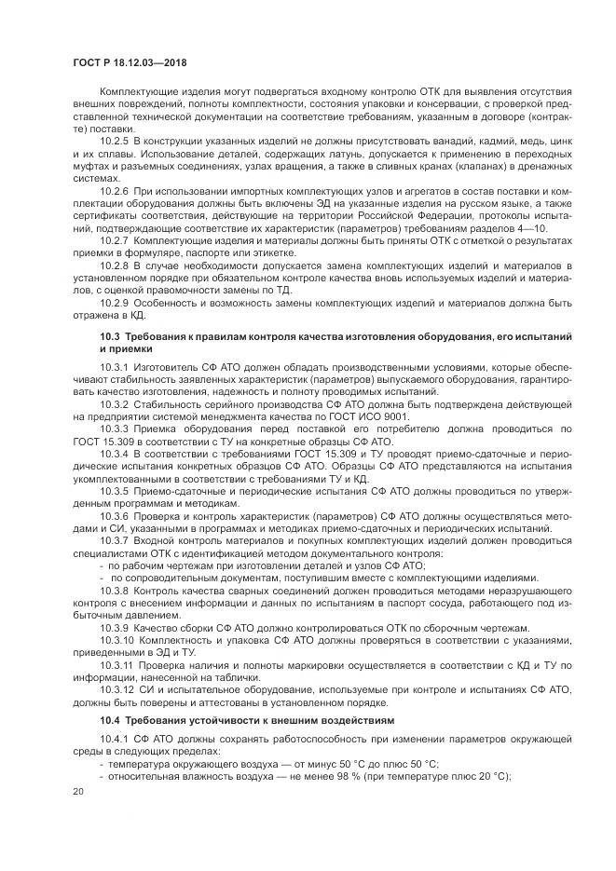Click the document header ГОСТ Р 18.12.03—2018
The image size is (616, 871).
128,61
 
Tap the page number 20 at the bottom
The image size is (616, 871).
77,791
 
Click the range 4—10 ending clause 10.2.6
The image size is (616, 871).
534,227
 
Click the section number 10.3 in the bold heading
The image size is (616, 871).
110,333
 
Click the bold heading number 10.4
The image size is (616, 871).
110,720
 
